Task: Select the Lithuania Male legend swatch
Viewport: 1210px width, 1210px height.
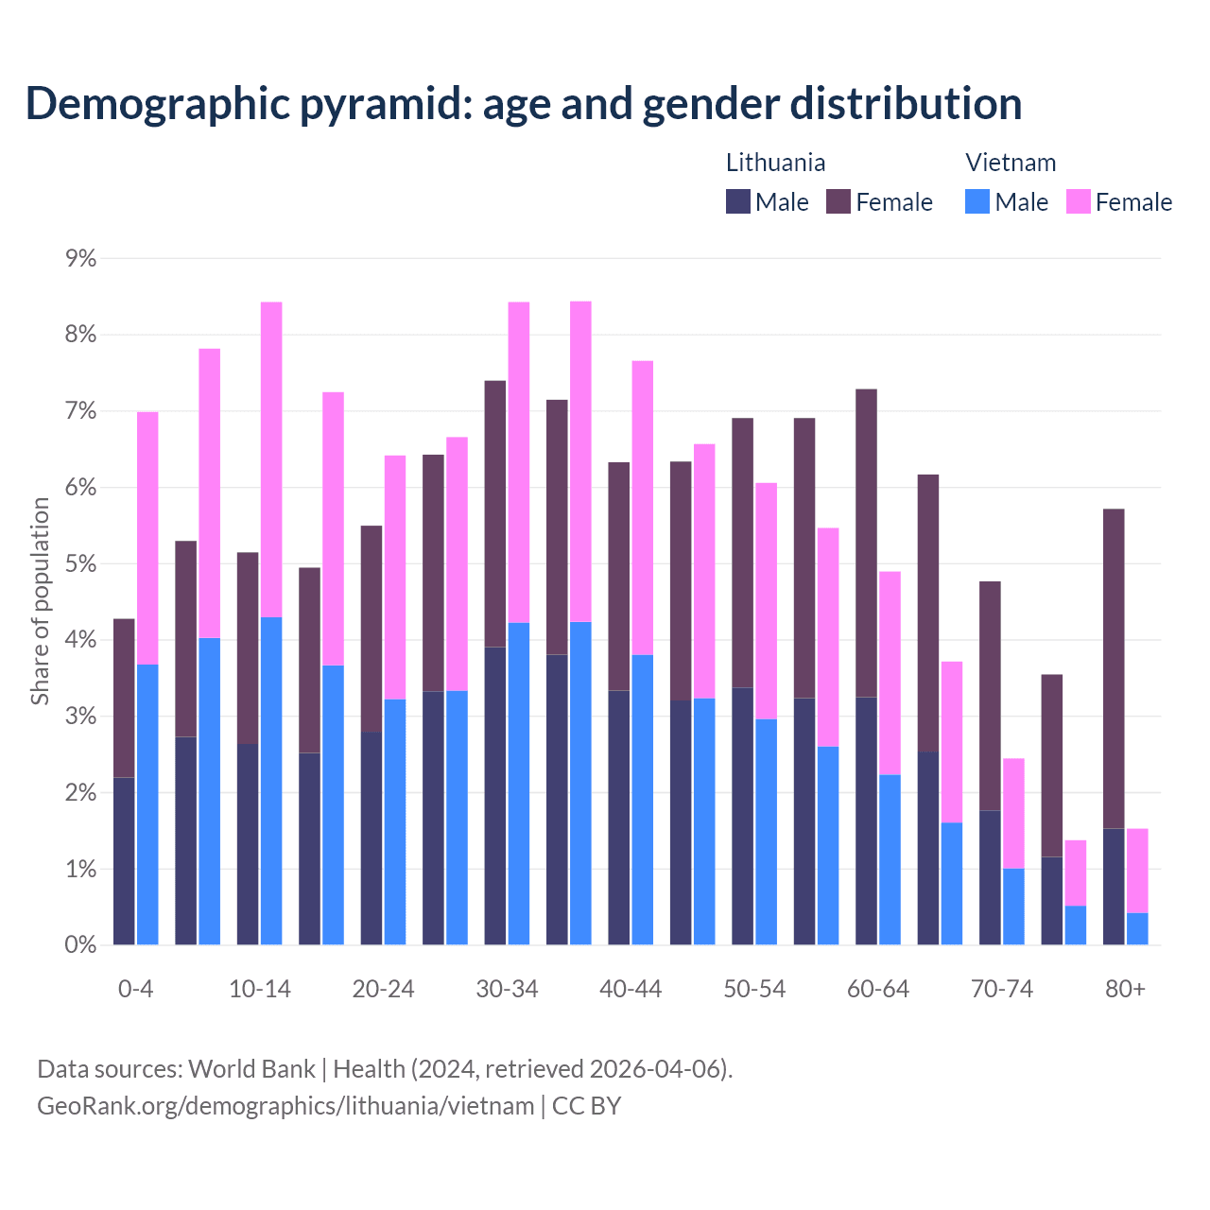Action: point(738,201)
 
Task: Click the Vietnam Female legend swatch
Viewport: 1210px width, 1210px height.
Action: point(1078,201)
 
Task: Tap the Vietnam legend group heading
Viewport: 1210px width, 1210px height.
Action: point(1011,163)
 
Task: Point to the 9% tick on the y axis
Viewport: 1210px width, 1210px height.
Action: point(81,258)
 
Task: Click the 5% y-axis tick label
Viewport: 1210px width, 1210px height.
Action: point(81,564)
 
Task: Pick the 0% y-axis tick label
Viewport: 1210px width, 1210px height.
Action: point(81,945)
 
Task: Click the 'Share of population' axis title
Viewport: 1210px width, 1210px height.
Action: point(41,601)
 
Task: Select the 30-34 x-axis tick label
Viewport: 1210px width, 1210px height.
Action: point(507,990)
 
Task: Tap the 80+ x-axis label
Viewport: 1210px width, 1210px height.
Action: point(1125,990)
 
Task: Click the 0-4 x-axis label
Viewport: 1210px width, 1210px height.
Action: point(135,990)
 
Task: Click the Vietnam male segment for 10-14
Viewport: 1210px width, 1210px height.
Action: point(271,781)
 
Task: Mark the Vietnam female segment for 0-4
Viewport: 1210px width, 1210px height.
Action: point(147,538)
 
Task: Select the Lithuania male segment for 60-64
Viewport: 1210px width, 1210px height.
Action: point(866,821)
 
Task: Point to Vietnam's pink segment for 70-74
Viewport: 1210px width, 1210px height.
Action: point(1013,813)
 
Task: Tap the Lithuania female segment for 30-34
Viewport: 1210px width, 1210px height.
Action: point(495,513)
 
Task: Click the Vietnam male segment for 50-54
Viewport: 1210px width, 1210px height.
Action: point(767,832)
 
